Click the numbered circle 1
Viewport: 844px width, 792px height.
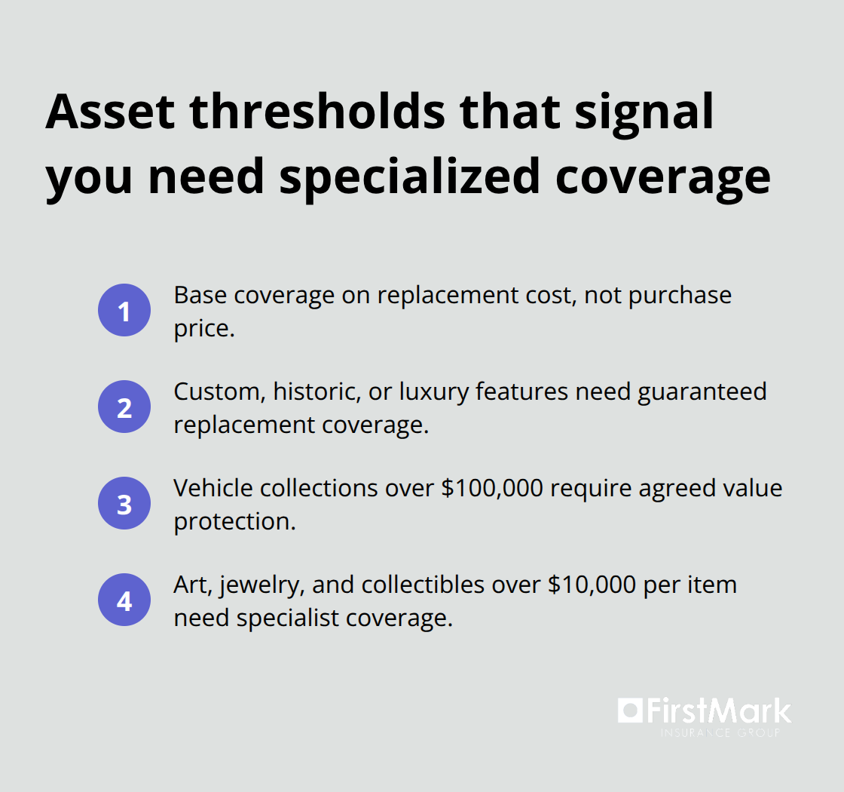pos(124,310)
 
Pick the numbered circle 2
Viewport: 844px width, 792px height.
pos(124,407)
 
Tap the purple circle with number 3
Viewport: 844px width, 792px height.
pos(124,503)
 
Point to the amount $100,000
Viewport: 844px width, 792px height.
pos(491,488)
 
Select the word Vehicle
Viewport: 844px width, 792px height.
pos(213,488)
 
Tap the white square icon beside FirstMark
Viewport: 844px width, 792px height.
pos(629,711)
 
